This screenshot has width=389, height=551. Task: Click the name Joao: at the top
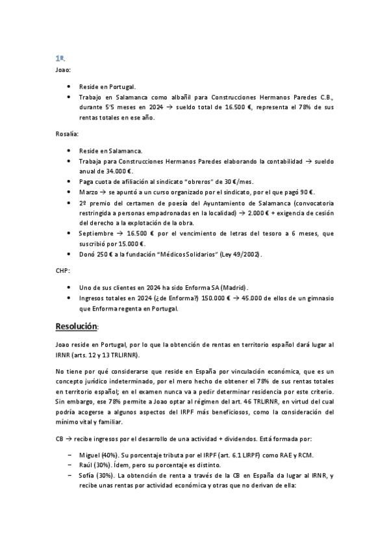tap(64, 69)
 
